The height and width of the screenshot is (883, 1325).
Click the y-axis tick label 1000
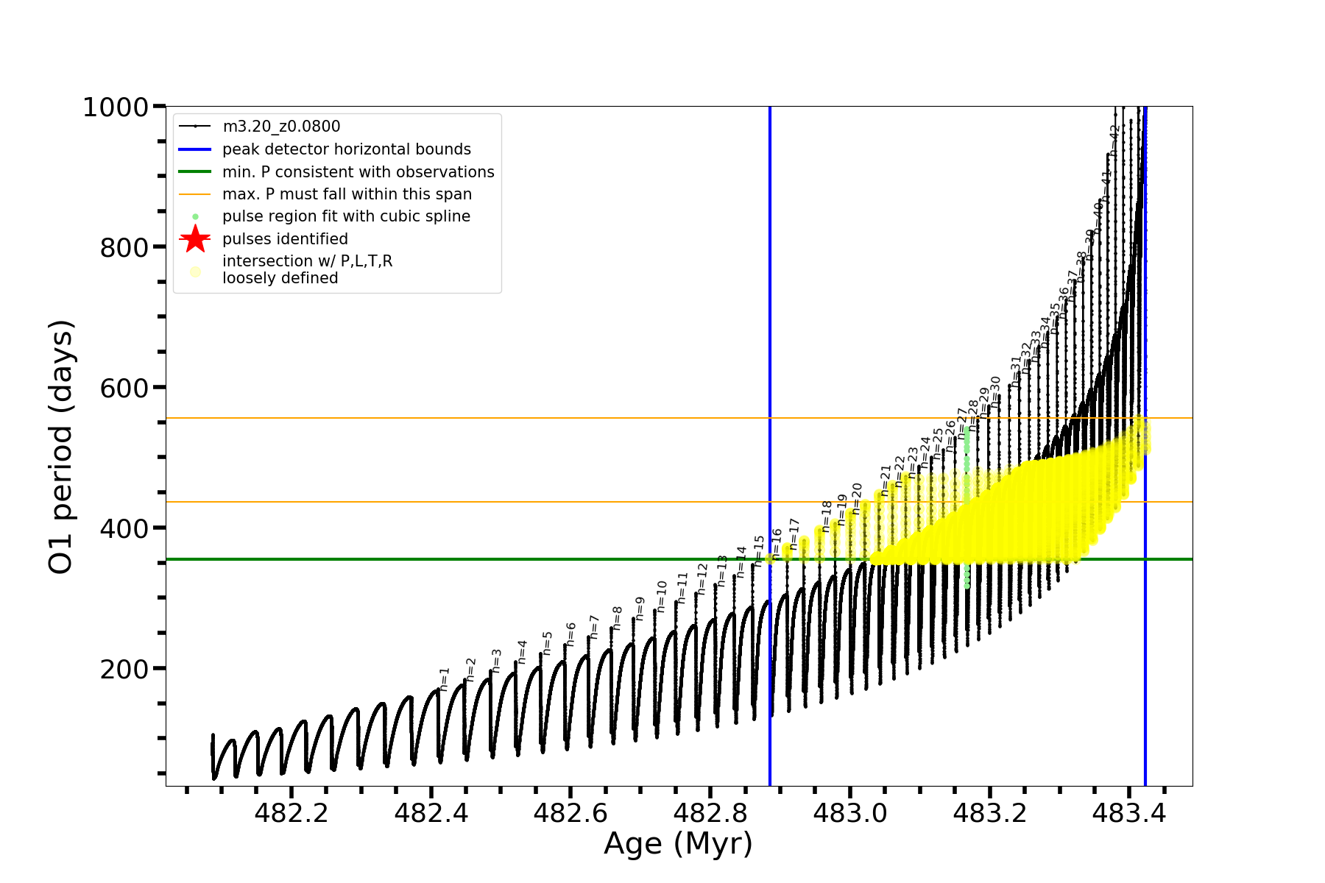(x=116, y=108)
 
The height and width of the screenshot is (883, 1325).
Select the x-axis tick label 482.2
(x=291, y=813)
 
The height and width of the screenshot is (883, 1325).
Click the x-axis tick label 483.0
(x=850, y=813)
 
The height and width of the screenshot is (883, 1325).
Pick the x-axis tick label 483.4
(x=1129, y=813)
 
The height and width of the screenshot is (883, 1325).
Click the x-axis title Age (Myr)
(x=678, y=844)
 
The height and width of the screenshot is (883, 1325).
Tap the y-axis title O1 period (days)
(x=61, y=447)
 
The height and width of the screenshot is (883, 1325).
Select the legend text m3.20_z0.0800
(x=281, y=127)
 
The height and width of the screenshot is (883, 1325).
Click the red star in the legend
(x=195, y=239)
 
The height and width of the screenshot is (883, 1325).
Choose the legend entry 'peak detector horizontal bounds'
(x=347, y=149)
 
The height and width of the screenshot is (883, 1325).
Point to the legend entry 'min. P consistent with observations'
(x=358, y=172)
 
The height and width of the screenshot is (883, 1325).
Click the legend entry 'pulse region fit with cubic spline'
(x=346, y=216)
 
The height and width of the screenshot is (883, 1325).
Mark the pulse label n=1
(x=444, y=679)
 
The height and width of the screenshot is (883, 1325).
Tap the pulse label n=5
(x=547, y=642)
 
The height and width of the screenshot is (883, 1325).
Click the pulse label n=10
(x=661, y=596)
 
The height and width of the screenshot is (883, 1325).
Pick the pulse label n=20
(x=856, y=498)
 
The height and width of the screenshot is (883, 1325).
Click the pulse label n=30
(x=995, y=392)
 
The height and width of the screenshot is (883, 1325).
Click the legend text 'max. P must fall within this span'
(x=347, y=194)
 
